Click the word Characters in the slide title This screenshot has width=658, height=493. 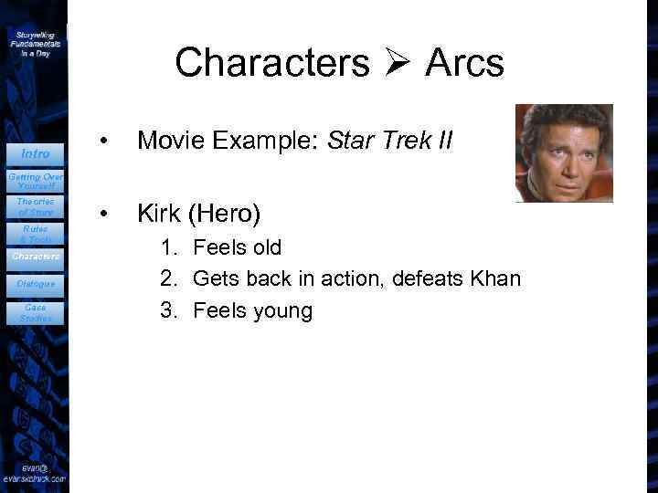pos(272,63)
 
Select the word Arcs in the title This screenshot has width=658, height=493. pos(464,63)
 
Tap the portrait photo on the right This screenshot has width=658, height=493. pos(563,152)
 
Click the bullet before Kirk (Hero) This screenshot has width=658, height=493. pos(107,215)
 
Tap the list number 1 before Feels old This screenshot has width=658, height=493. pos(167,247)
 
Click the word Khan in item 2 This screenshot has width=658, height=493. pos(494,278)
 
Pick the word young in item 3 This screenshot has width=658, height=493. pos(281,311)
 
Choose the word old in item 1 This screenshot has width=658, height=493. pos(265,247)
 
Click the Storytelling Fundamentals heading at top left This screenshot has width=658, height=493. pos(36,43)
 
